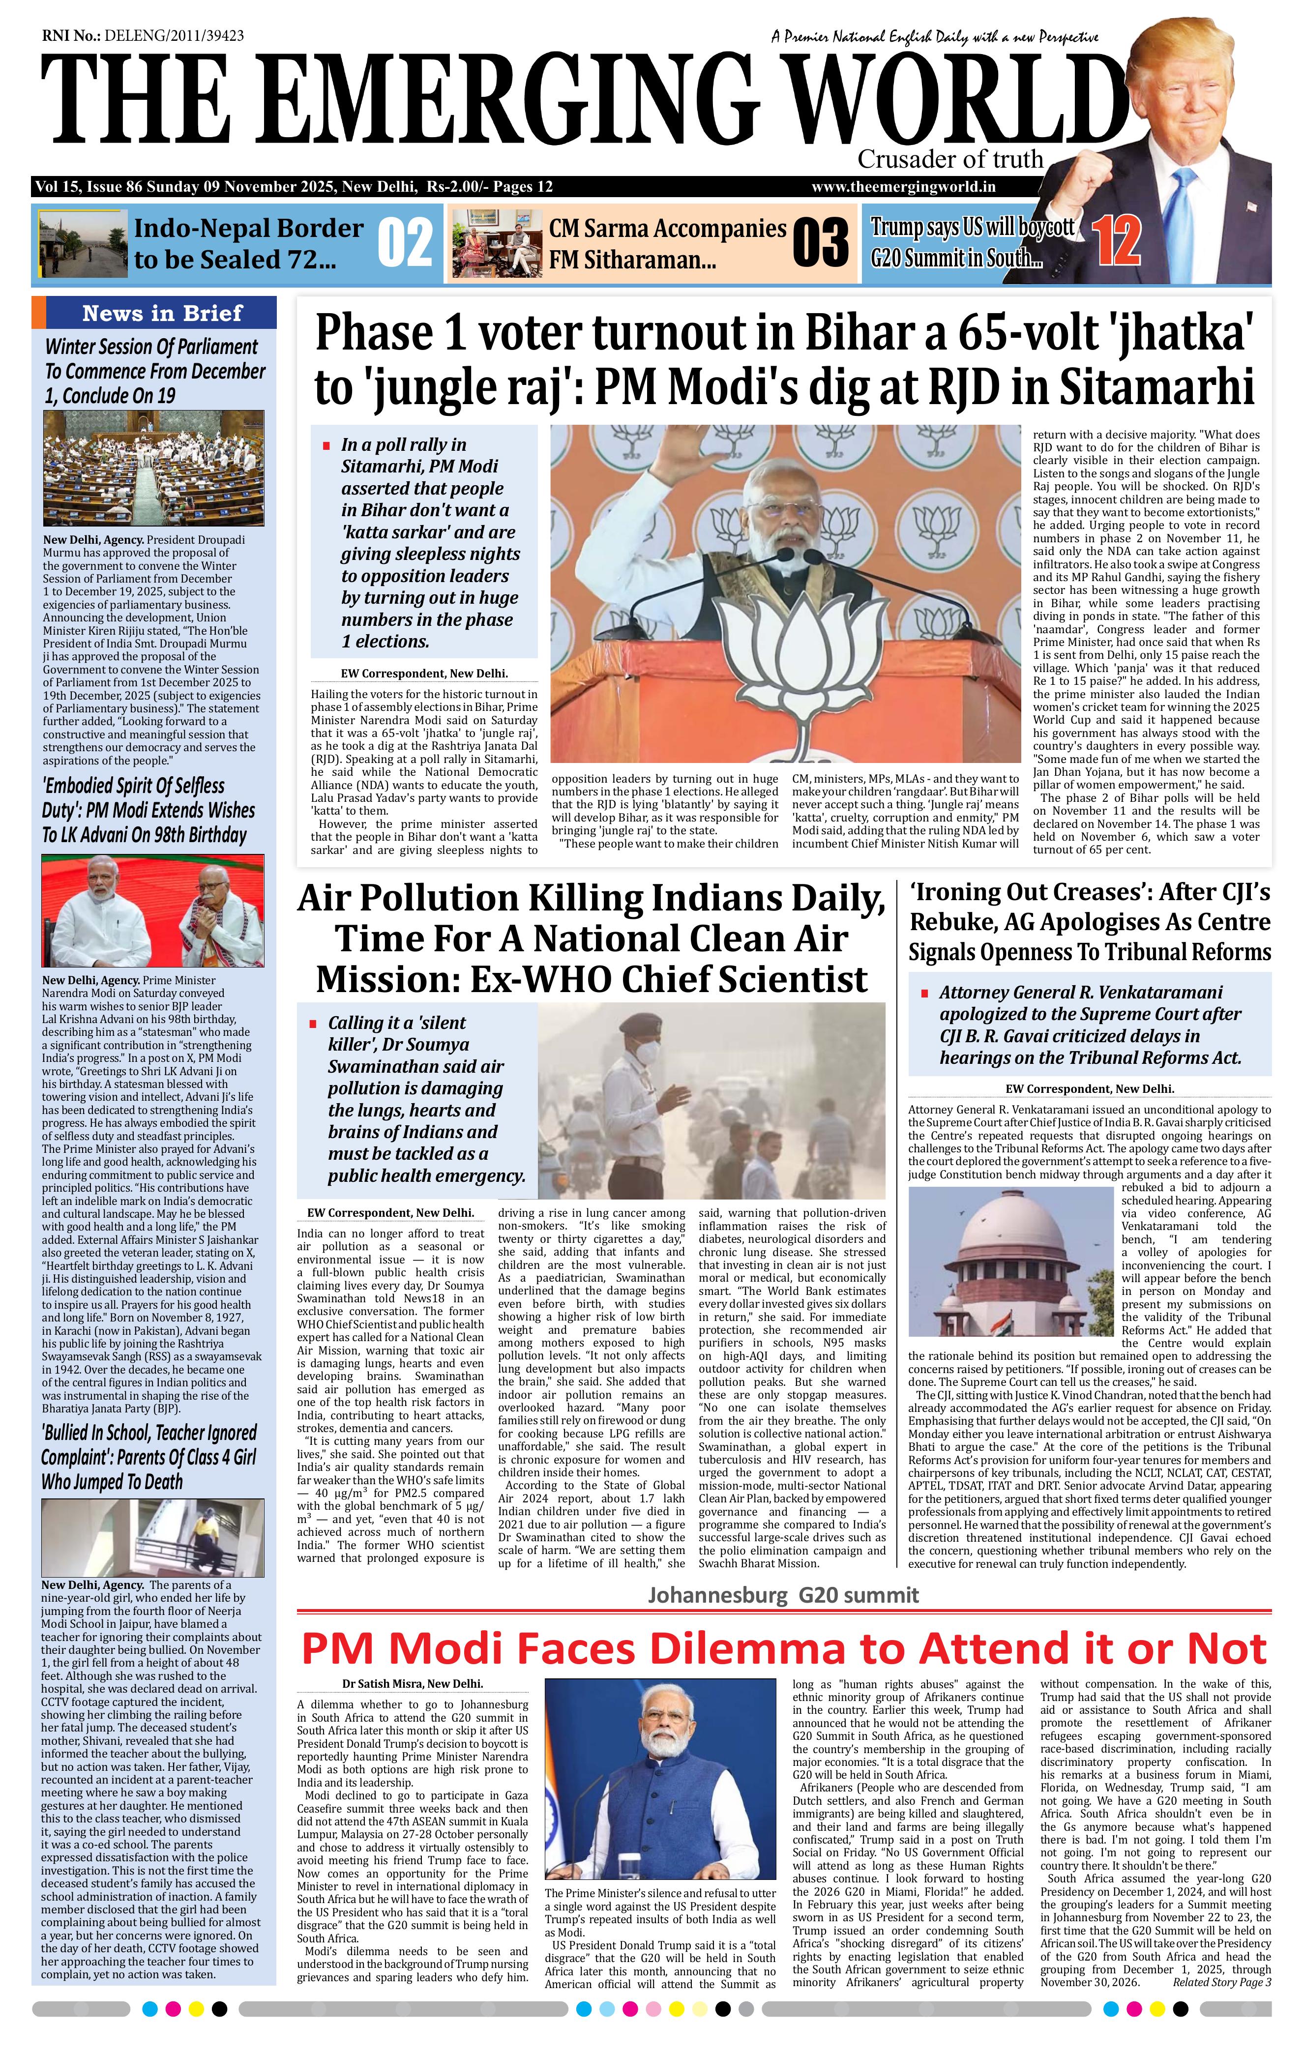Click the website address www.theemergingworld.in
[903, 187]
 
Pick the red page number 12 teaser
[1116, 241]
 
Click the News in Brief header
[162, 313]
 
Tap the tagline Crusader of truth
[950, 158]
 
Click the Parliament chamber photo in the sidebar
[153, 468]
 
